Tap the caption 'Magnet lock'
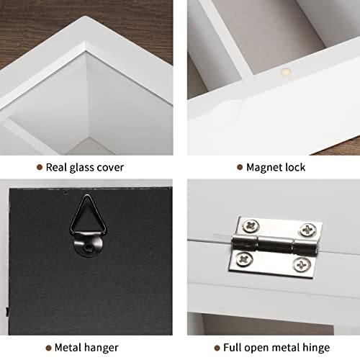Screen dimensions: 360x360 (275, 167)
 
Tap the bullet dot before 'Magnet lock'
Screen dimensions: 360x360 (239, 167)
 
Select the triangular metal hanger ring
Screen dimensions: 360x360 (86, 216)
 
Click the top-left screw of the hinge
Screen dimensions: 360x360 (250, 226)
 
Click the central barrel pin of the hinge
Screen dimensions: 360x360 (275, 244)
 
